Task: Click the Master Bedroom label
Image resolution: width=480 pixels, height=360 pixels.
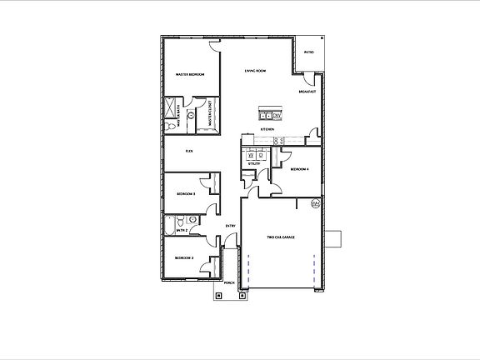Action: click(x=190, y=74)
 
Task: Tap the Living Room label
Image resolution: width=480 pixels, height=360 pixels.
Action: click(x=255, y=71)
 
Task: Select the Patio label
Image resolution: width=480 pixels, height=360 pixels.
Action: click(x=307, y=52)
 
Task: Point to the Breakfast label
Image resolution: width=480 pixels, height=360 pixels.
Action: click(x=307, y=91)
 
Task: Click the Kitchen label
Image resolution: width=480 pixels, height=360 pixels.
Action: click(x=267, y=130)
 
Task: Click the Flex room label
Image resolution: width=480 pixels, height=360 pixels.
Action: click(x=189, y=151)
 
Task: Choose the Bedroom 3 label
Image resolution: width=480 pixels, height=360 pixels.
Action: click(x=186, y=193)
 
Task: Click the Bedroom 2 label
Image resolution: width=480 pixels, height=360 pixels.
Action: click(x=184, y=258)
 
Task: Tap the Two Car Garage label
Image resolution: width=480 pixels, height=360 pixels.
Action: click(x=281, y=237)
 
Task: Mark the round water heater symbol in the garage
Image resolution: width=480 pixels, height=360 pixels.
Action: click(x=315, y=203)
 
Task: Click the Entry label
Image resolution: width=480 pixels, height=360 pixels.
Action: click(x=231, y=226)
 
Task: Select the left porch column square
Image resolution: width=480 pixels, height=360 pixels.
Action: click(x=218, y=293)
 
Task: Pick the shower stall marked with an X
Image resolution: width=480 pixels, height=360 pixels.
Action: click(x=174, y=108)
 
